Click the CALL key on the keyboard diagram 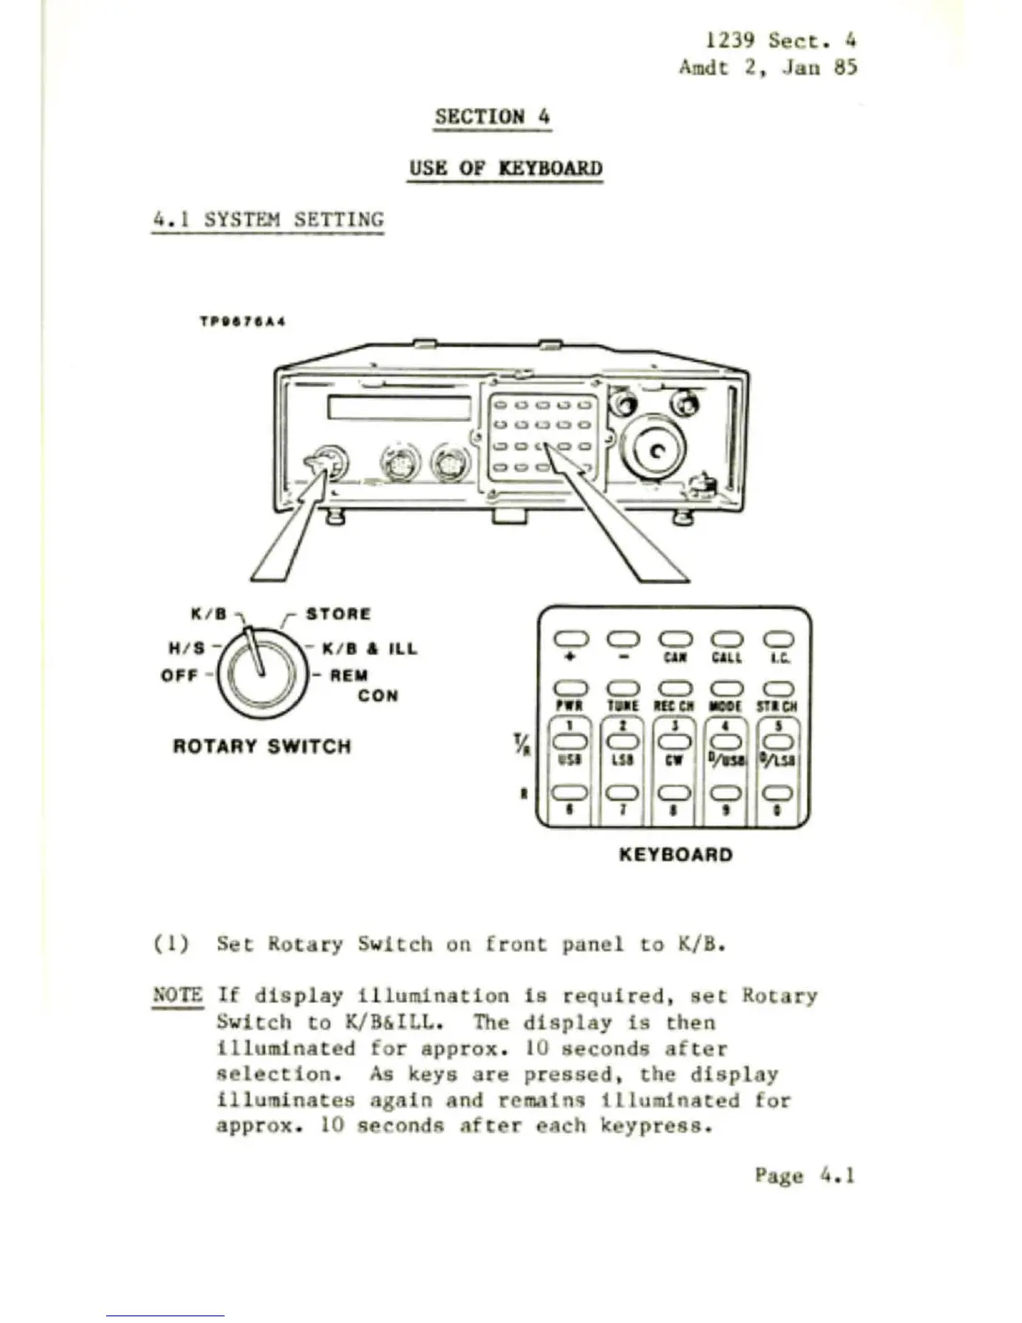[x=726, y=640]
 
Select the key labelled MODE [x=726, y=689]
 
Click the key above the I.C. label [x=777, y=640]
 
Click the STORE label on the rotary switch [x=337, y=614]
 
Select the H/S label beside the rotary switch [x=186, y=648]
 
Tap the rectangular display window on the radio [x=399, y=408]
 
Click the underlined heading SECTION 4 [x=492, y=117]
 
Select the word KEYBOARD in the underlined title [x=549, y=168]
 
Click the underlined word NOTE [x=177, y=995]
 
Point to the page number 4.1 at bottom [x=838, y=1175]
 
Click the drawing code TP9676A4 [x=243, y=321]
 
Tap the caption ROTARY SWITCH [x=261, y=746]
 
